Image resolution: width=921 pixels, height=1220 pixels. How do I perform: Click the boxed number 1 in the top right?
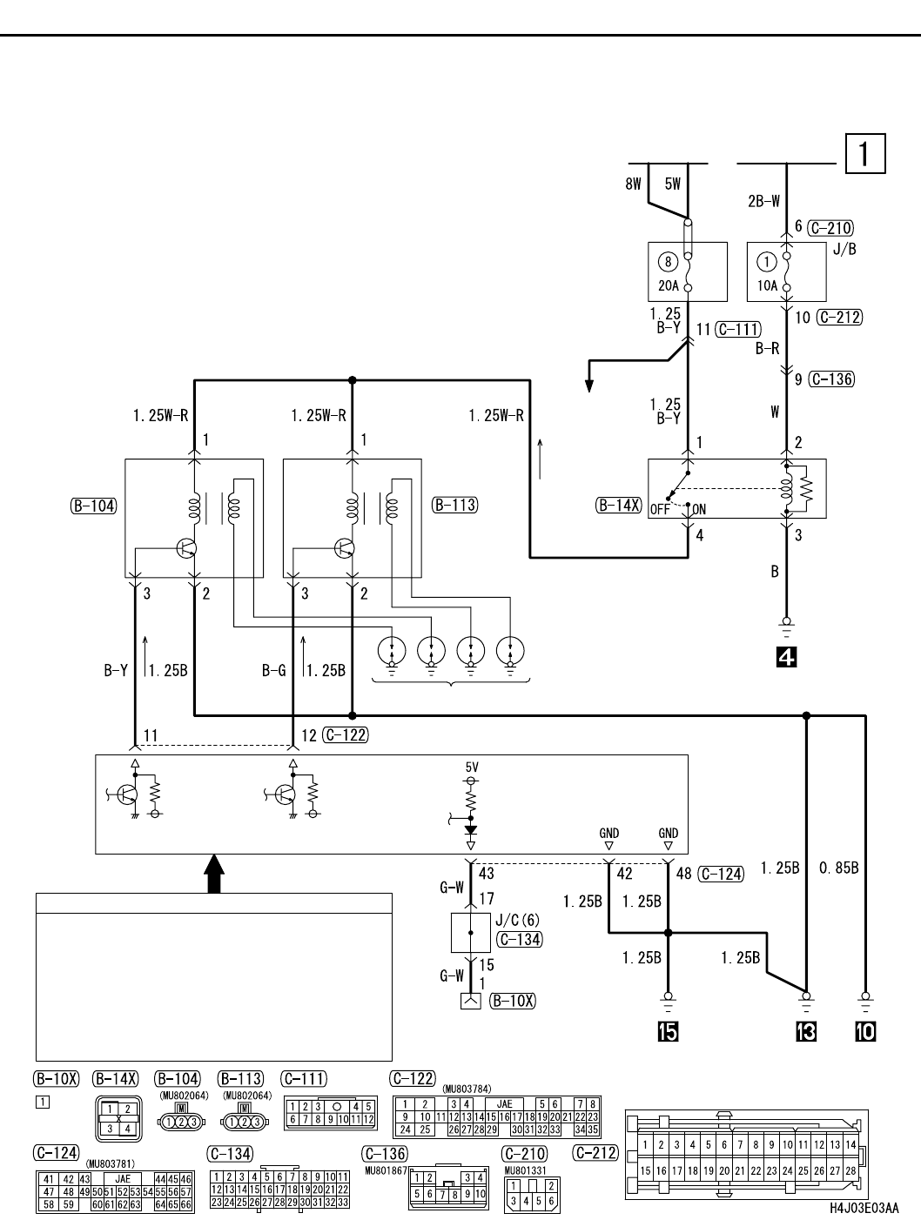864,154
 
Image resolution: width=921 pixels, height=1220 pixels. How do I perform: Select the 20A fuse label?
667,285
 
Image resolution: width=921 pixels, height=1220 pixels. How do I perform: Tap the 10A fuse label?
767,285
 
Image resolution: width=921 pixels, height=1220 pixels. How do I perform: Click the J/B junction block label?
844,250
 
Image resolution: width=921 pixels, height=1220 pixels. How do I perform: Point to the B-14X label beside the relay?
619,505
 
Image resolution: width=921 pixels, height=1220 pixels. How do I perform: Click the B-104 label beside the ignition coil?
93,505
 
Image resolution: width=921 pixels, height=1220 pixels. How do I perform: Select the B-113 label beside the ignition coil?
454,505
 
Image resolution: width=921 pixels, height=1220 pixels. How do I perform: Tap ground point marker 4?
787,658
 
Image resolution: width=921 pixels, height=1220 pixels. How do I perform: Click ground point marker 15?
669,1031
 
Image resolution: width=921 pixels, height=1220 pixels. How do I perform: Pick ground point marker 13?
806,1031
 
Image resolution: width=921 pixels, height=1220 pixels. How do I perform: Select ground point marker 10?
865,1031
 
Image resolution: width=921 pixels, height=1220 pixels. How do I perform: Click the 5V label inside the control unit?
472,768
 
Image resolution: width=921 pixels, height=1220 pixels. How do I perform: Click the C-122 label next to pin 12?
345,735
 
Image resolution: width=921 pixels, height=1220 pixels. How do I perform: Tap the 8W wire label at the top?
633,184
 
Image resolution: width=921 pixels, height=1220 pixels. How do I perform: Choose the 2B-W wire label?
764,201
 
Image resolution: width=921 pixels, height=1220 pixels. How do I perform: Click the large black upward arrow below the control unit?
213,873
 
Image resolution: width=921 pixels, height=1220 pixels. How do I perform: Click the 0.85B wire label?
840,868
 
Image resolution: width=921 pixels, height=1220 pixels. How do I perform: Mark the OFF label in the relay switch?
660,510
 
